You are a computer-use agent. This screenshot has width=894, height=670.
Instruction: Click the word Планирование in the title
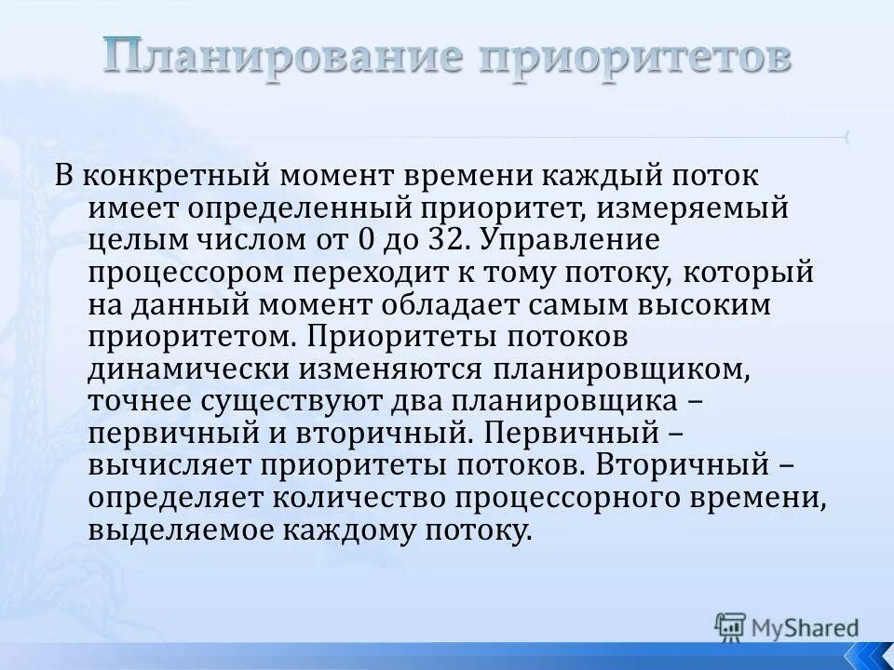[x=279, y=59]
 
